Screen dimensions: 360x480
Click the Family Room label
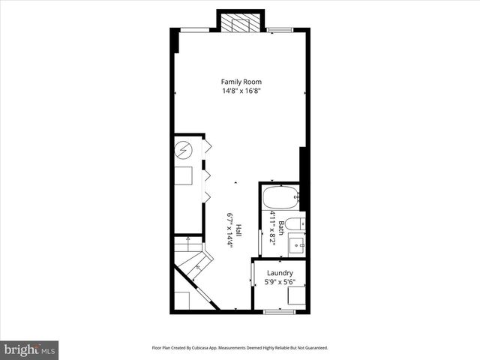(241, 82)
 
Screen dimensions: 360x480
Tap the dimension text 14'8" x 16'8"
(241, 91)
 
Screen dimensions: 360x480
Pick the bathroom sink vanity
(295, 244)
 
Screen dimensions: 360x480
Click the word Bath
(281, 226)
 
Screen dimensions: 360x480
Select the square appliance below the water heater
(184, 177)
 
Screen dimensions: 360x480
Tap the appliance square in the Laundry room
(296, 297)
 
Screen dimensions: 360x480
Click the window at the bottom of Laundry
(276, 310)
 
